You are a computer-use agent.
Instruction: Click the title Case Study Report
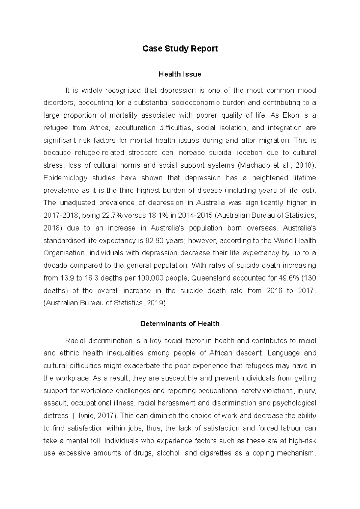[180, 49]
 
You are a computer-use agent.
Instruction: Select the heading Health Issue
[180, 74]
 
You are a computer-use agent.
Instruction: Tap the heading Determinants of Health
[180, 324]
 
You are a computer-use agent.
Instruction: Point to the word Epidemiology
[65, 178]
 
